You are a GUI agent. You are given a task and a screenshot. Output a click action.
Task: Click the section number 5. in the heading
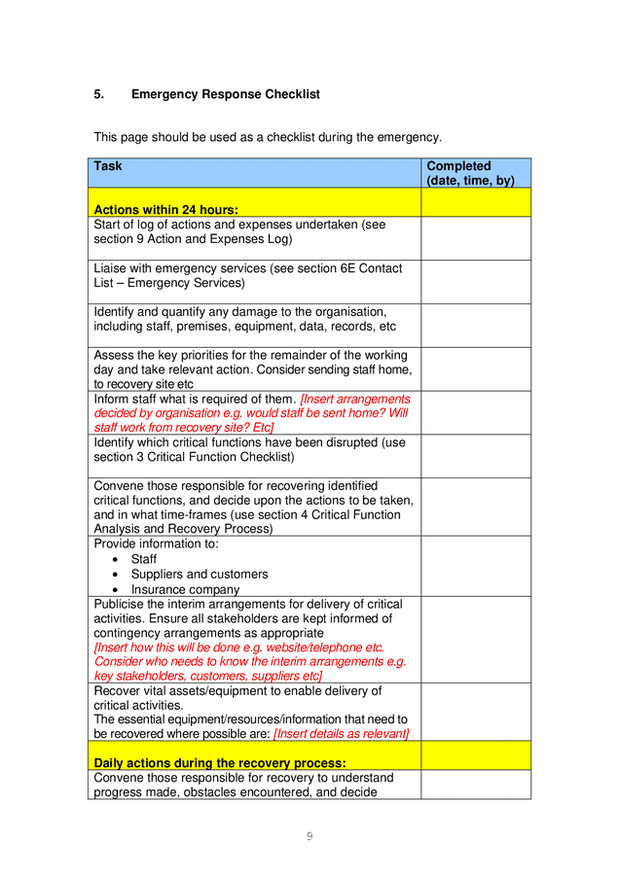point(98,94)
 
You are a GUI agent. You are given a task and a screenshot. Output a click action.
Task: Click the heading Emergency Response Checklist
point(225,94)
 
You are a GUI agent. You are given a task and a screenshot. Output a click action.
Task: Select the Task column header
point(108,166)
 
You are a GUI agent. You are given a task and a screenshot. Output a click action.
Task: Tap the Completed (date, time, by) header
point(470,173)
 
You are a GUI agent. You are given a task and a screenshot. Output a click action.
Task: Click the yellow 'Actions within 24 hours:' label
point(166,209)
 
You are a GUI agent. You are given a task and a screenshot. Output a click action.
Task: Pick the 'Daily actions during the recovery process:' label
point(220,763)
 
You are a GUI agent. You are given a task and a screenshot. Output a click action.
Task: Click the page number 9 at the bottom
point(309,836)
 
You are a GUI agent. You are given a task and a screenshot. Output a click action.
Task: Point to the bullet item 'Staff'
point(144,559)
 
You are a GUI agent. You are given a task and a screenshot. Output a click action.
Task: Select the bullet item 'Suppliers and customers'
point(200,574)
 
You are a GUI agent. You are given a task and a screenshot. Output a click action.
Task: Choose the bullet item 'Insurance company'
point(185,589)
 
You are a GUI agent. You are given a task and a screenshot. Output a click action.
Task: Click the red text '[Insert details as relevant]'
point(341,733)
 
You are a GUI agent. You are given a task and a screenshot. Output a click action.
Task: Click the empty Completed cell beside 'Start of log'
point(475,238)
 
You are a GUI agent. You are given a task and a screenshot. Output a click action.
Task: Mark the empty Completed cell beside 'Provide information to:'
point(475,566)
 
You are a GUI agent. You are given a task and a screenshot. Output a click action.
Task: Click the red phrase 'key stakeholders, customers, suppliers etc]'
point(207,676)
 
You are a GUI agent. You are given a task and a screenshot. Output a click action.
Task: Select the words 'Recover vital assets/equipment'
point(179,690)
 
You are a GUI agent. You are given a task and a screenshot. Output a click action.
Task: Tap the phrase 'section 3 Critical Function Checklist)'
point(194,457)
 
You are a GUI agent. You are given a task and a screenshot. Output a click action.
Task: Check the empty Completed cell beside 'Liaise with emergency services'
point(475,282)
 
